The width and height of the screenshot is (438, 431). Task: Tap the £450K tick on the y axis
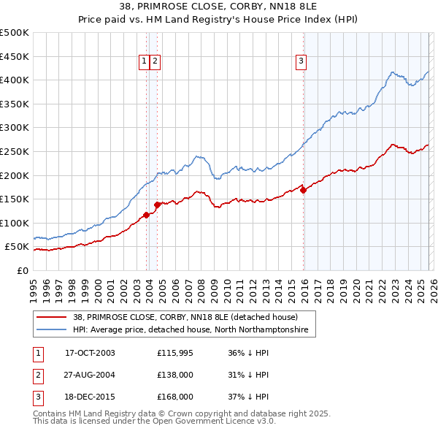[15, 56]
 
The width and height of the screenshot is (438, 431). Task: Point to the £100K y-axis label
[15, 223]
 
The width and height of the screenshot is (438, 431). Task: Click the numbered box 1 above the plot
[144, 62]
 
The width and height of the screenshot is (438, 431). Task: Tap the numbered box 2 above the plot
[156, 62]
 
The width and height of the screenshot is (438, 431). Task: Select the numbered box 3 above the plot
[300, 62]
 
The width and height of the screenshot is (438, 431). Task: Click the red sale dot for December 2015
[304, 190]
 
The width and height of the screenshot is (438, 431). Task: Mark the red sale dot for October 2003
[147, 215]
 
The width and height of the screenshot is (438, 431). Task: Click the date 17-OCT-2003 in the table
[90, 353]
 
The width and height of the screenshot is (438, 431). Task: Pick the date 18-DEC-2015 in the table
[90, 397]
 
